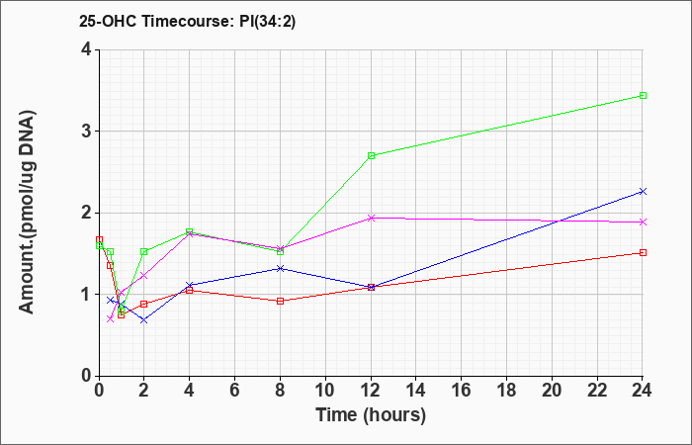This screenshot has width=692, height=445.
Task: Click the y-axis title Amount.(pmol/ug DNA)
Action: pos(27,212)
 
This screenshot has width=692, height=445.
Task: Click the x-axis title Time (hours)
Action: pos(371,415)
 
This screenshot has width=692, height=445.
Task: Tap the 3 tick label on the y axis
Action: pos(86,132)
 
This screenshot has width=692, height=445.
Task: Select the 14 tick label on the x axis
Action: pos(416,391)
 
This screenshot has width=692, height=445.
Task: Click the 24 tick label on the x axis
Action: pos(643,391)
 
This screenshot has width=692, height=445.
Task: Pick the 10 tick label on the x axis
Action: pos(325,391)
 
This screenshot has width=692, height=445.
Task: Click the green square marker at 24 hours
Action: pos(643,95)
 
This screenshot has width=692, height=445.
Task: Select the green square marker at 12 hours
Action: pos(371,155)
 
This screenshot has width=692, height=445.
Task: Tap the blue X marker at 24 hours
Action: pos(643,191)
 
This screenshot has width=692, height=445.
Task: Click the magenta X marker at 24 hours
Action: pos(643,222)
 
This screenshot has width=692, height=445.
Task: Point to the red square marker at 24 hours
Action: pos(643,252)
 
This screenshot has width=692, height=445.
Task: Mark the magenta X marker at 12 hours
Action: pos(371,218)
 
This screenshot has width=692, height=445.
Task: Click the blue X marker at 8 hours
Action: pos(280,268)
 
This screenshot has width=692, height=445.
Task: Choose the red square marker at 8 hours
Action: pos(280,301)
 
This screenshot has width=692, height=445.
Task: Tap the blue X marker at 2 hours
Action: pos(144,320)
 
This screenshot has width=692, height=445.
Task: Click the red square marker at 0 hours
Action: pos(99,239)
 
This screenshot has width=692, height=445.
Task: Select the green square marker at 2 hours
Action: pos(144,251)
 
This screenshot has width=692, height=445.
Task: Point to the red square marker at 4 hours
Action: pos(190,290)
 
